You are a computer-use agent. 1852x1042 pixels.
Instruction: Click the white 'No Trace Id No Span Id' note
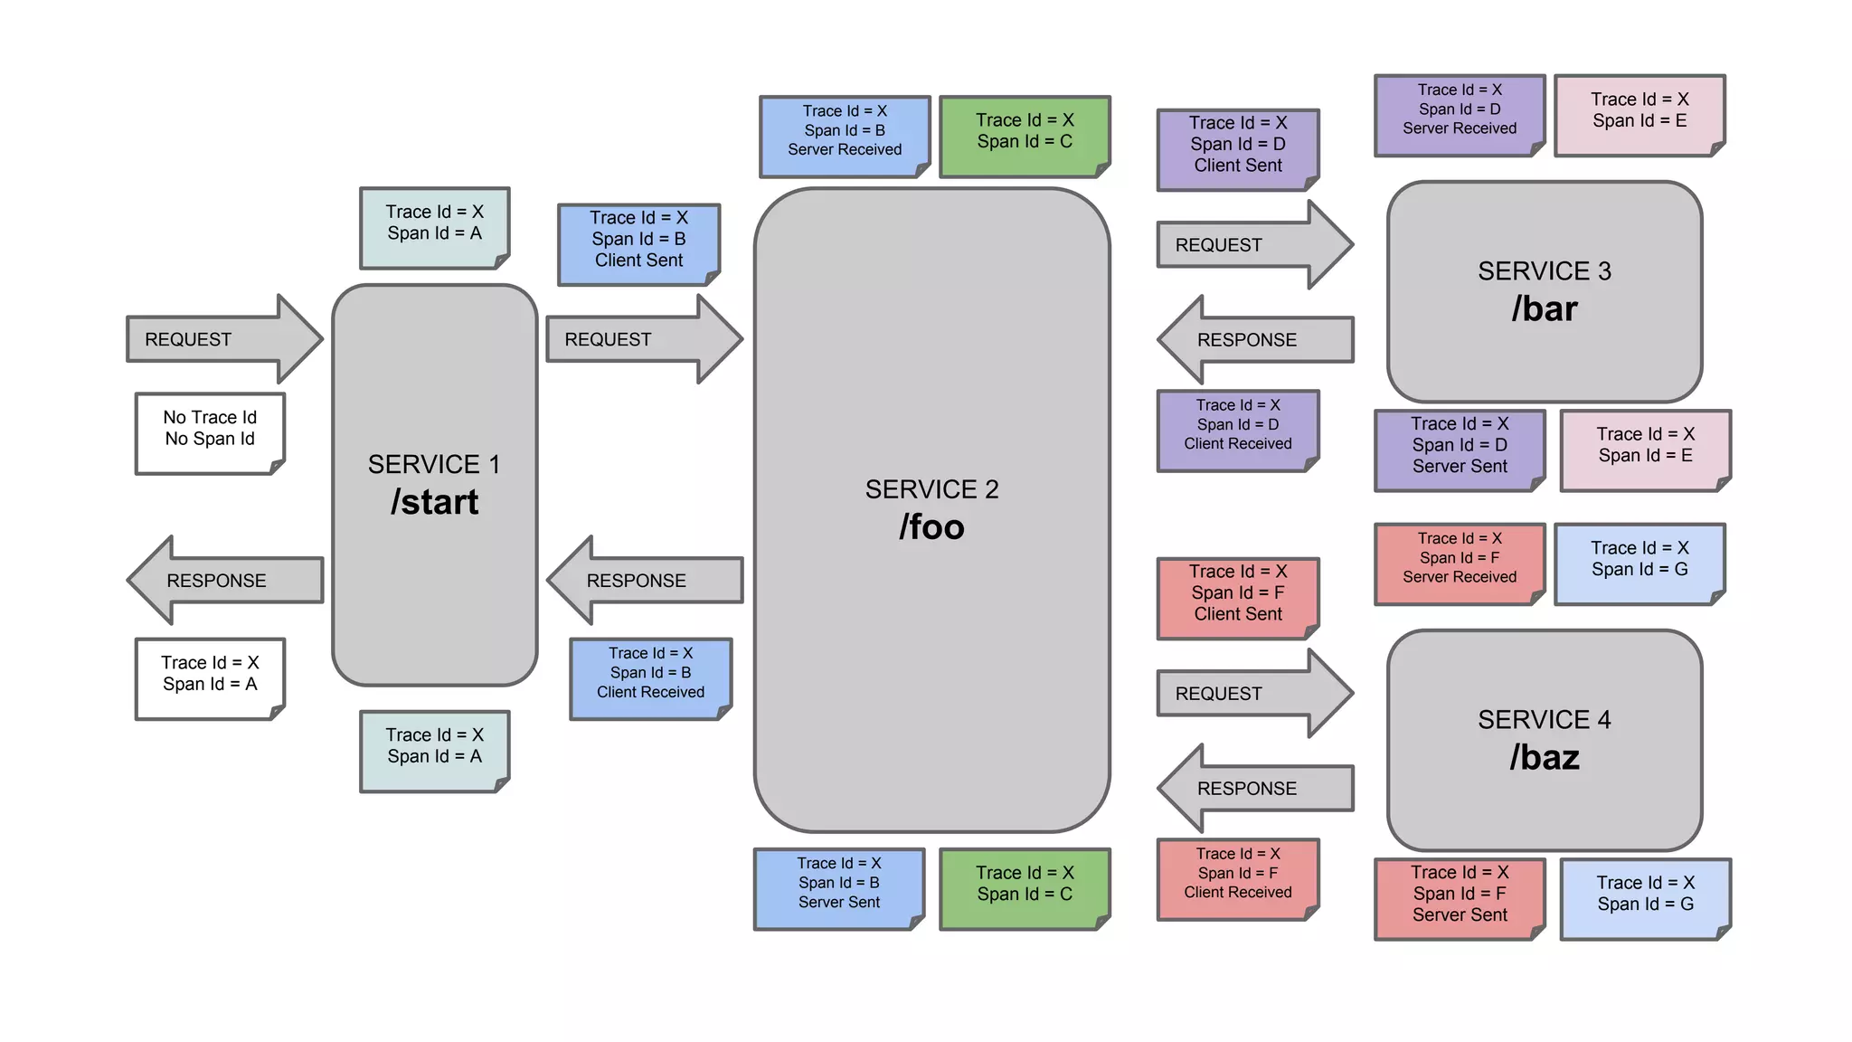[210, 432]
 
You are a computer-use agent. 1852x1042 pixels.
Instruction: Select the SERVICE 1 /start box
[434, 485]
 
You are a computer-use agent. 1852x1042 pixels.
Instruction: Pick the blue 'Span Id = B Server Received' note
[844, 136]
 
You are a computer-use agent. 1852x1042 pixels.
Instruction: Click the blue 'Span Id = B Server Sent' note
[838, 888]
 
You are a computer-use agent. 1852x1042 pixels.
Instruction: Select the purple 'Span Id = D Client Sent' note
[1237, 149]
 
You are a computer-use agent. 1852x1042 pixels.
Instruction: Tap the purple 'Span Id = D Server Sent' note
[1459, 450]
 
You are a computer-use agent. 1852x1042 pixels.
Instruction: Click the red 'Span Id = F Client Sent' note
[1237, 598]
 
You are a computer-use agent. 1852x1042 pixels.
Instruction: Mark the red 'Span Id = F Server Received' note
[1459, 563]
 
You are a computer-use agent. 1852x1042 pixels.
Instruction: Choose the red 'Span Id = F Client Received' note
[1237, 878]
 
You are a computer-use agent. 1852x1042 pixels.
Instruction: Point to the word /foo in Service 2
[931, 527]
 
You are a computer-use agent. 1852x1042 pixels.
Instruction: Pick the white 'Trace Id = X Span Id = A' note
[210, 678]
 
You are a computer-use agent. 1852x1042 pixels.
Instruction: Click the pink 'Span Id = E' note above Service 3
[1639, 115]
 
